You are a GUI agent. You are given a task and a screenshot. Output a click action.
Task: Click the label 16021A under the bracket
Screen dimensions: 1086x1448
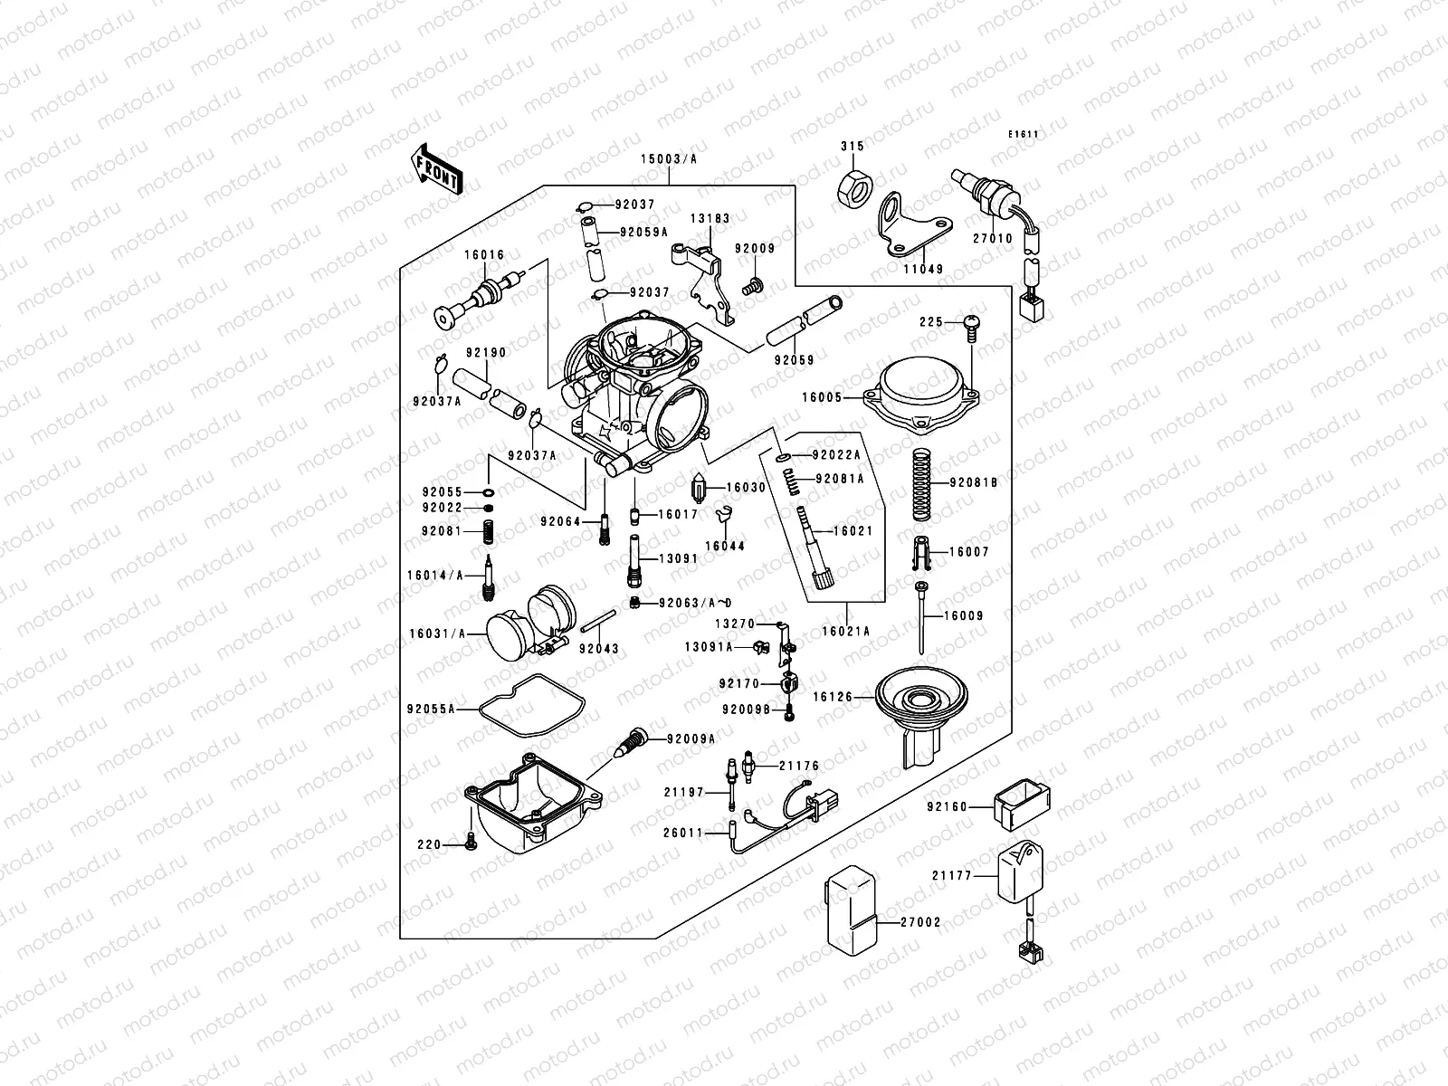[845, 633]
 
